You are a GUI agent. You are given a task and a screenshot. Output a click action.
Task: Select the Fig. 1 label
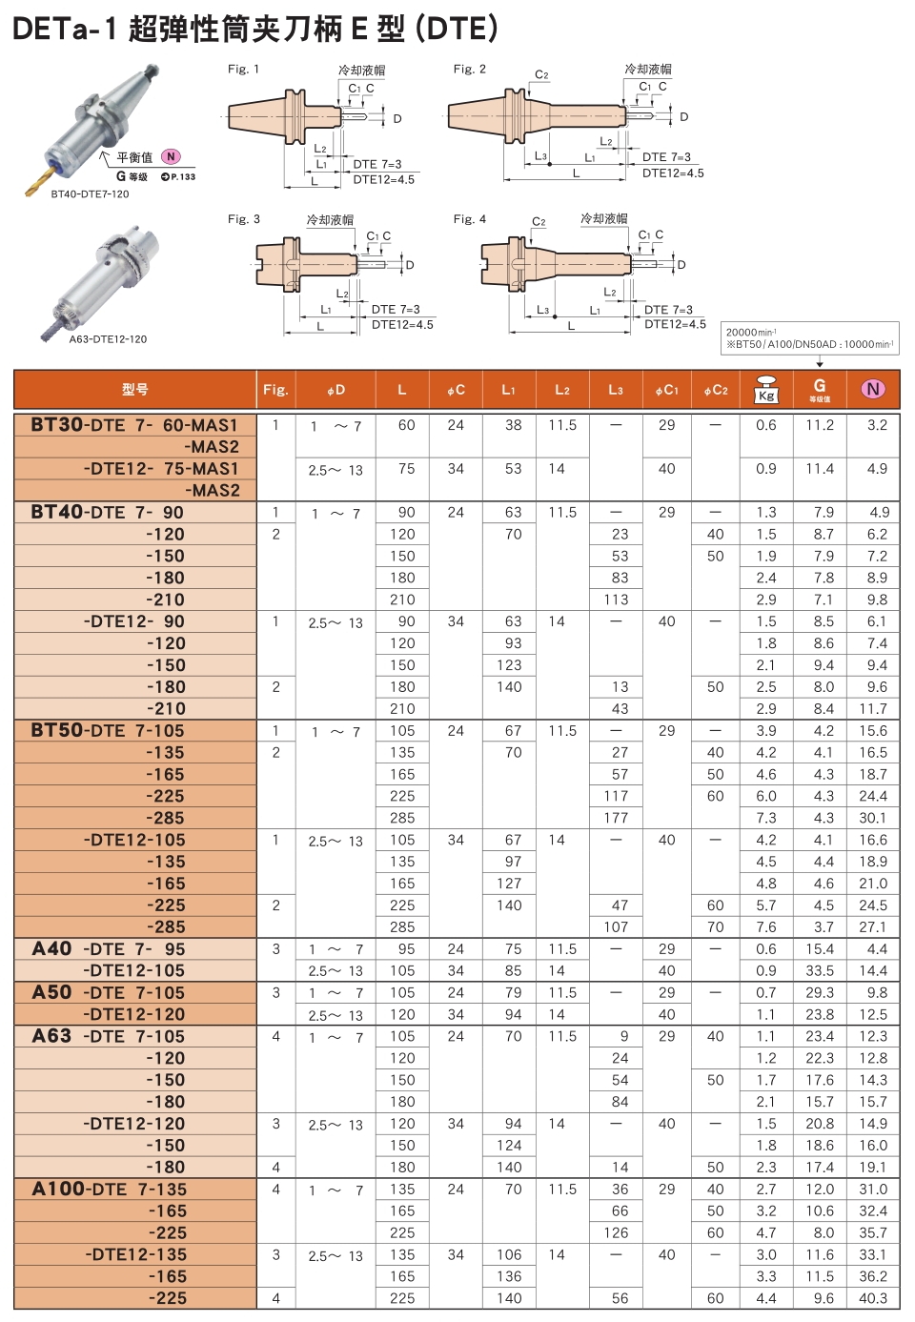point(243,69)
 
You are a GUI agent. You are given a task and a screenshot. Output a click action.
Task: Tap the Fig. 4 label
point(469,219)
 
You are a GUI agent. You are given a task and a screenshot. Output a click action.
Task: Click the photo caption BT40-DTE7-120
point(90,194)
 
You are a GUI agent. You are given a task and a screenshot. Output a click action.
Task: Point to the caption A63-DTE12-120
point(108,339)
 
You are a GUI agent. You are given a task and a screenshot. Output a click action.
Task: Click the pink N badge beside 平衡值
point(171,156)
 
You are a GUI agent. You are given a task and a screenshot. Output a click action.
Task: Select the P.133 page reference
point(178,176)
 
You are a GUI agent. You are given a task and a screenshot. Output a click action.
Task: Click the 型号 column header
point(135,390)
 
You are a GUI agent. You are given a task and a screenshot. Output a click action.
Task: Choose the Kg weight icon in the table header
point(766,390)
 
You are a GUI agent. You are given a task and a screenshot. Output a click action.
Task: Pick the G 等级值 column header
point(820,390)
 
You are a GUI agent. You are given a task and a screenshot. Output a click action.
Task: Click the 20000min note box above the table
point(809,338)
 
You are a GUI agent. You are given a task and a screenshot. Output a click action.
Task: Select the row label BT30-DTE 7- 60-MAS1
point(134,425)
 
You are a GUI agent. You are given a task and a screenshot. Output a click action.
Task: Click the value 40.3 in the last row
point(873,1298)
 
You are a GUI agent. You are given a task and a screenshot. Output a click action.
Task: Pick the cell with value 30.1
point(873,818)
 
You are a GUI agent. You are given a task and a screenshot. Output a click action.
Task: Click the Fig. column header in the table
point(275,390)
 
